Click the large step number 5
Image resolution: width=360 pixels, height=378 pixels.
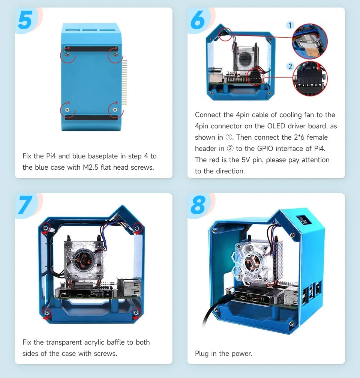[25, 21]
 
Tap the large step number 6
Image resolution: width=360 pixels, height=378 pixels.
[198, 21]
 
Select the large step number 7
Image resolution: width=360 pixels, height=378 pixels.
[25, 206]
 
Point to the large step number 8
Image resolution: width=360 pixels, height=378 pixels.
[198, 206]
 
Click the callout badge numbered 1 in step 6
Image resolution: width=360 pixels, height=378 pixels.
[290, 25]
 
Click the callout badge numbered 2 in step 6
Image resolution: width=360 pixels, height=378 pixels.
[290, 66]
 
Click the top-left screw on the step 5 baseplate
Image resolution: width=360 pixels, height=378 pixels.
[67, 55]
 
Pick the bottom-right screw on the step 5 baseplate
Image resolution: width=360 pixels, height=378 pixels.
[115, 110]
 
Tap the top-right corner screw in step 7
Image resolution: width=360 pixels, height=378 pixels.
[137, 227]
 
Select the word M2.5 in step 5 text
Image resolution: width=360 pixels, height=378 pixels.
[92, 167]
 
